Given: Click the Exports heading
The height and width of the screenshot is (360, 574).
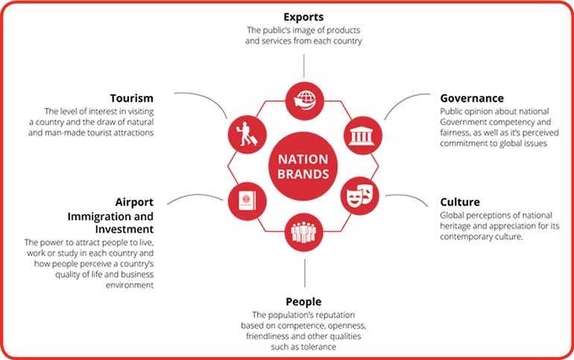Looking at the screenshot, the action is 303,17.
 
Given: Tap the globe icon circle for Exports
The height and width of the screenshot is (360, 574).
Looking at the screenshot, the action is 305,101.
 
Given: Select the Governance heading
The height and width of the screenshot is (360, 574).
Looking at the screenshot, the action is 472,98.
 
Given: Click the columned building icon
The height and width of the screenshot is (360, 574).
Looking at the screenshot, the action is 363,136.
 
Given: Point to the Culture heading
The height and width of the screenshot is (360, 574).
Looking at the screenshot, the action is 460,202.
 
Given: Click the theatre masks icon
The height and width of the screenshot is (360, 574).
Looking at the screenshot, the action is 360,196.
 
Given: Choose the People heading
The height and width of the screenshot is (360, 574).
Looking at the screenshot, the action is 303,302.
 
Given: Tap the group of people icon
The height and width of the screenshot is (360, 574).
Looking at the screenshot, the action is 303,232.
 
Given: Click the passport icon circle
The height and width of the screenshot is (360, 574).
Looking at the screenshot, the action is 247,201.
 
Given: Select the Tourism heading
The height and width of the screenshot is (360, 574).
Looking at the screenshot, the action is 132,98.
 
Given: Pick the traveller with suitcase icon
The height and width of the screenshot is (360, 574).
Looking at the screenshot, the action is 247,135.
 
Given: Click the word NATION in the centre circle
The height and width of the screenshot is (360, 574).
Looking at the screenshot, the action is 303,160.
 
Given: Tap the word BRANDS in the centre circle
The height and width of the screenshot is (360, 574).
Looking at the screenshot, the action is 303,174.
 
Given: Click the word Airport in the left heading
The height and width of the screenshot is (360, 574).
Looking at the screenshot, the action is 134,202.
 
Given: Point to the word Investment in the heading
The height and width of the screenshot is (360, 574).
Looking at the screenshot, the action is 124,230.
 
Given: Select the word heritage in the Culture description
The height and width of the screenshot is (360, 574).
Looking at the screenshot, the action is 455,227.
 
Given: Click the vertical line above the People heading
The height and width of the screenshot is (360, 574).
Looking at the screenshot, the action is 305,274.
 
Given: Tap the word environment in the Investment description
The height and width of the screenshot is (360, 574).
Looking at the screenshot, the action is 130,285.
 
